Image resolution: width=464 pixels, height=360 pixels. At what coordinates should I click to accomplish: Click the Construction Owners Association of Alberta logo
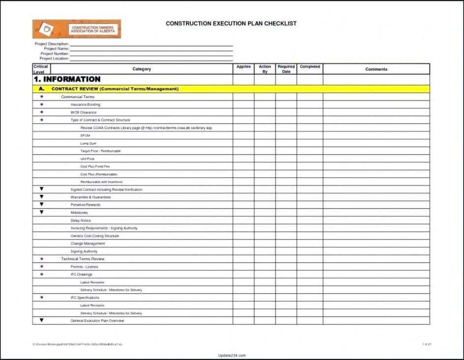click(x=76, y=29)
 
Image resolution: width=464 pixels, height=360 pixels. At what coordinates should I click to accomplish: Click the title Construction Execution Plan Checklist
click(x=231, y=23)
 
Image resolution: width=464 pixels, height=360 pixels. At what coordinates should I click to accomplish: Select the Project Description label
click(x=52, y=44)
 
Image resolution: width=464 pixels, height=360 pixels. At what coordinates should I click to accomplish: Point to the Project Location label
click(x=54, y=59)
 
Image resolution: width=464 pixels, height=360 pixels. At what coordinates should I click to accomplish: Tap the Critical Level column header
click(x=41, y=69)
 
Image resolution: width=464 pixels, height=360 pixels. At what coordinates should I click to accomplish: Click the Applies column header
click(x=244, y=67)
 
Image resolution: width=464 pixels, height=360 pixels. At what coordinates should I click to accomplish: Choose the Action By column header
click(x=265, y=69)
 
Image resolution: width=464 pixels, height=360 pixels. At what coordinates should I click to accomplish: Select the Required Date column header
click(x=286, y=69)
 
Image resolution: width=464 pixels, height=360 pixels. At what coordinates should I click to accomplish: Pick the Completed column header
click(x=310, y=67)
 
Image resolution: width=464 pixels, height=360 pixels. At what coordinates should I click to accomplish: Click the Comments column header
click(x=376, y=69)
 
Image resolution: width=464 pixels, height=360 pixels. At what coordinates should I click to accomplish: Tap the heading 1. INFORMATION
click(x=67, y=79)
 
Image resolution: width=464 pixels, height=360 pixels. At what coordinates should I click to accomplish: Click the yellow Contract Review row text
click(x=115, y=89)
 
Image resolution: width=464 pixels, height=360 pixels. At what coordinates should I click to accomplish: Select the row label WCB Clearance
click(x=84, y=113)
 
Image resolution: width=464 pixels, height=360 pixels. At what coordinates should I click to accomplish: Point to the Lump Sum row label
click(x=89, y=144)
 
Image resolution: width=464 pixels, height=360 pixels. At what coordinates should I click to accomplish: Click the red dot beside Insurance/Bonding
click(x=42, y=105)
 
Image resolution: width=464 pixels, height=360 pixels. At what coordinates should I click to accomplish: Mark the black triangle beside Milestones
click(x=42, y=212)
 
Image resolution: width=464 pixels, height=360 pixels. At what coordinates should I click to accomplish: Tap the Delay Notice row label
click(x=81, y=221)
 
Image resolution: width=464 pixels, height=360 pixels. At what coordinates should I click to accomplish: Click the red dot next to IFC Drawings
click(x=42, y=274)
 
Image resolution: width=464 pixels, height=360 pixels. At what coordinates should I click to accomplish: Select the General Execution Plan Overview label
click(x=97, y=321)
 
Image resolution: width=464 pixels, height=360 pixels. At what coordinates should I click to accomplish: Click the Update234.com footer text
click(x=231, y=355)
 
